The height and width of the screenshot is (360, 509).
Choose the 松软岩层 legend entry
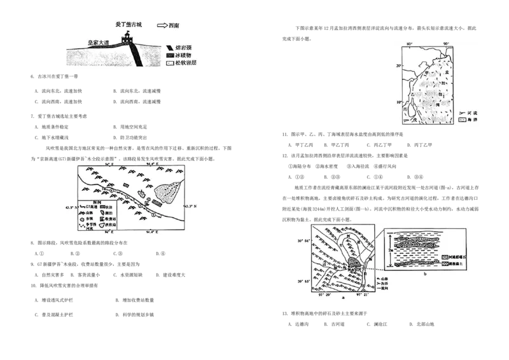(x=181, y=63)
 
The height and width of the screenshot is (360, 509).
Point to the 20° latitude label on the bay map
(x=398, y=66)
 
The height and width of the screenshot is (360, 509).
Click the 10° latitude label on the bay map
(x=398, y=102)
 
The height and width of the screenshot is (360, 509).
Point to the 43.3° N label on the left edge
(x=72, y=207)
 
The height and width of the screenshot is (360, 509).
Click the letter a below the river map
(x=344, y=297)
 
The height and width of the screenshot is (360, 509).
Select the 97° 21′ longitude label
(x=363, y=294)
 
